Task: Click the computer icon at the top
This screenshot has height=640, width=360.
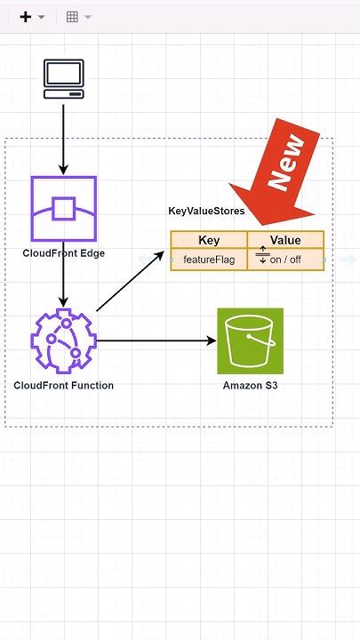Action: pos(63,78)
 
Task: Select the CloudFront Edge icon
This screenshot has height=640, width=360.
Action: pos(63,209)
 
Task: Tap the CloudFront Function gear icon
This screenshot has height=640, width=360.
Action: pos(62,340)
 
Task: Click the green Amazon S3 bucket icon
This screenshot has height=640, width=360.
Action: pos(250,340)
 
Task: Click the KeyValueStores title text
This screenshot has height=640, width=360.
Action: pos(206,211)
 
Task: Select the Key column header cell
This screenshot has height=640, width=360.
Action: pos(209,240)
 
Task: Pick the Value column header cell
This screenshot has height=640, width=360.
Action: pos(285,240)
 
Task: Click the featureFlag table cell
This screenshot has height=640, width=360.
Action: pos(208,260)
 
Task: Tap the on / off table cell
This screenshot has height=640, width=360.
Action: pos(286,260)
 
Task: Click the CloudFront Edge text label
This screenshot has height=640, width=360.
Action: pos(63,253)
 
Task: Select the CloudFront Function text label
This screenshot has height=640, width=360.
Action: pos(63,385)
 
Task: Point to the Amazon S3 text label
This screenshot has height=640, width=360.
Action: pos(250,385)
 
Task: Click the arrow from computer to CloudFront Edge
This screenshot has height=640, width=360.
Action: pos(63,138)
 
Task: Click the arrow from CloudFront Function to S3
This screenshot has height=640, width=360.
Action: pos(156,340)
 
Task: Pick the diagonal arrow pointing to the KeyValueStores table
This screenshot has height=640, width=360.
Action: pos(130,281)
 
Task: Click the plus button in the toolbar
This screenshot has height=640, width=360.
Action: pos(25,17)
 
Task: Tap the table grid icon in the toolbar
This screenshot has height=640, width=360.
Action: pos(72,17)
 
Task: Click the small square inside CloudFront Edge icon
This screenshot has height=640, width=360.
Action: pos(63,209)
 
